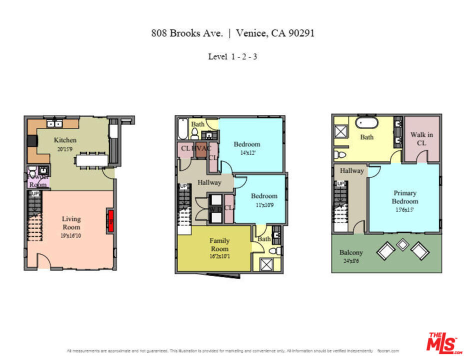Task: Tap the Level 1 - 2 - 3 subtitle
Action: point(232,56)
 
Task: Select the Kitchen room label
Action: point(65,140)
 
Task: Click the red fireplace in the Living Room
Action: point(110,221)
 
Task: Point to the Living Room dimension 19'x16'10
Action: point(71,235)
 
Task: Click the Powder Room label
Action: point(37,180)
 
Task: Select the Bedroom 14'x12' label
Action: point(246,144)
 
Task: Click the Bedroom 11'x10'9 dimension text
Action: point(263,204)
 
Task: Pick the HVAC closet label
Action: point(201,148)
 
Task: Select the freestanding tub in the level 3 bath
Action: point(366,122)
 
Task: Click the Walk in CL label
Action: point(421,138)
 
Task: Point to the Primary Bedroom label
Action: point(404,197)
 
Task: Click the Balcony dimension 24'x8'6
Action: point(351,261)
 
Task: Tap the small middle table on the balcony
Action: point(402,244)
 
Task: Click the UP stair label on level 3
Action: point(341,183)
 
